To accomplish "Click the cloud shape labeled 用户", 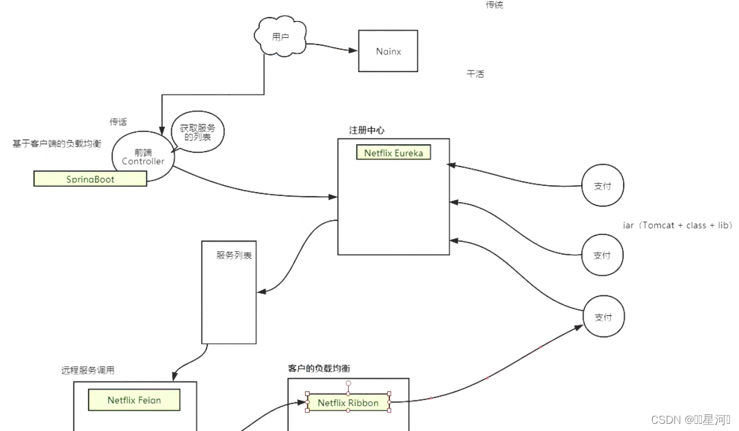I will pos(280,37).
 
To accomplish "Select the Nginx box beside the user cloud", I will pos(388,51).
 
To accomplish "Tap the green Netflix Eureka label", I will pos(393,153).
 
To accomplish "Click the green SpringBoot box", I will pos(90,179).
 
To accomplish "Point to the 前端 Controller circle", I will pos(142,157).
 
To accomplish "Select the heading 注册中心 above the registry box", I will pos(367,130).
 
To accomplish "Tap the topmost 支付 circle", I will pos(602,186).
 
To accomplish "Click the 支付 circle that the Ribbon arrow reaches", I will pos(603,317).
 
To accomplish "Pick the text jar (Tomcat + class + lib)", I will pos(677,225).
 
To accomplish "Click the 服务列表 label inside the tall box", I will pos(234,255).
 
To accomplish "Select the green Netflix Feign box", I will pos(134,400).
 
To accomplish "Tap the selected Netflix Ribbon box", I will pos(348,403).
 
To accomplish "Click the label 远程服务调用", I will pos(88,370).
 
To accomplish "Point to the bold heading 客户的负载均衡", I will pos(320,368).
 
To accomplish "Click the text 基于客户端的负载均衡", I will pos(57,143).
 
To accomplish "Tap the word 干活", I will pos(475,74).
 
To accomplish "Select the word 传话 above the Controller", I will pos(118,122).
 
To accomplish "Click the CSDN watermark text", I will pos(691,420).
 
